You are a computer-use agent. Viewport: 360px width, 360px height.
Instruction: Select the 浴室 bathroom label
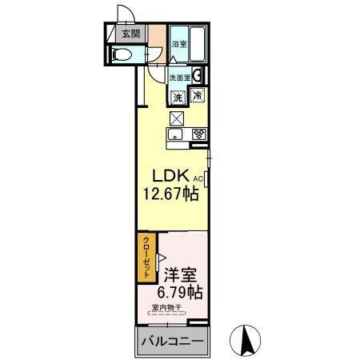180,46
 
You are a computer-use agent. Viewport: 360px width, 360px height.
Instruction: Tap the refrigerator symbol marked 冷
198,96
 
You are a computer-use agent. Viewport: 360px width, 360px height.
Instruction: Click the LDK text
170,174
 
